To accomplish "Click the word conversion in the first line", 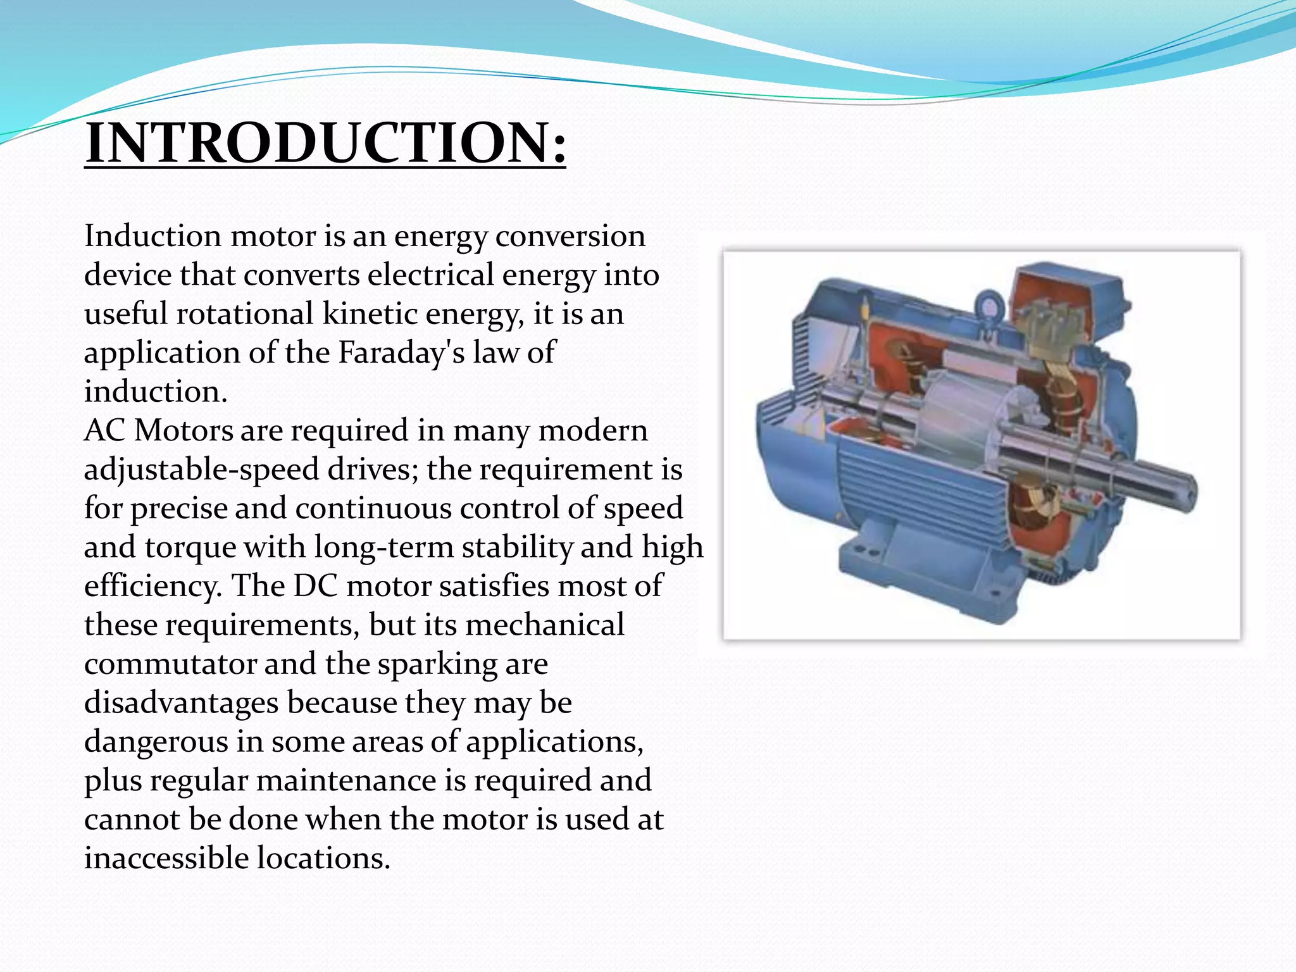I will (x=570, y=236).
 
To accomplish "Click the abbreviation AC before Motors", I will (x=105, y=431).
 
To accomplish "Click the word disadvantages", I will (x=180, y=703).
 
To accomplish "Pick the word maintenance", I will (x=346, y=780).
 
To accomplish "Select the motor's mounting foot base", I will (x=924, y=570).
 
